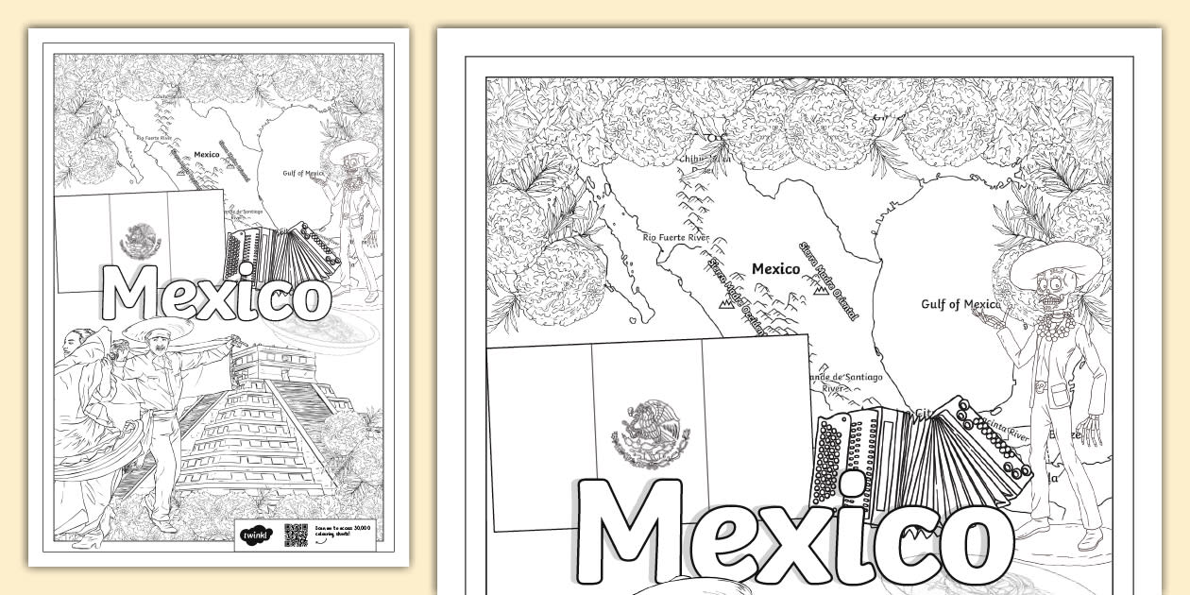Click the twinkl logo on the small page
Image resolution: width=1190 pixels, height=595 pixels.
pos(256,535)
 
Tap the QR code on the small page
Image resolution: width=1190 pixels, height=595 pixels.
pos(297,535)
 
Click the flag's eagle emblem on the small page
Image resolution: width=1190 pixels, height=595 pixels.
pos(141,240)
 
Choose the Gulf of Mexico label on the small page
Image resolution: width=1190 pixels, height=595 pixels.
pos(302,173)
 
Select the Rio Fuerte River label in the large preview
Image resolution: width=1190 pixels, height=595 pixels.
pos(675,238)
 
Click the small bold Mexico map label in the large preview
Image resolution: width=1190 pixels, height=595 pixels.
pos(775,269)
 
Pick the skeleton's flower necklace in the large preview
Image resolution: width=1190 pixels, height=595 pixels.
pos(1053,327)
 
